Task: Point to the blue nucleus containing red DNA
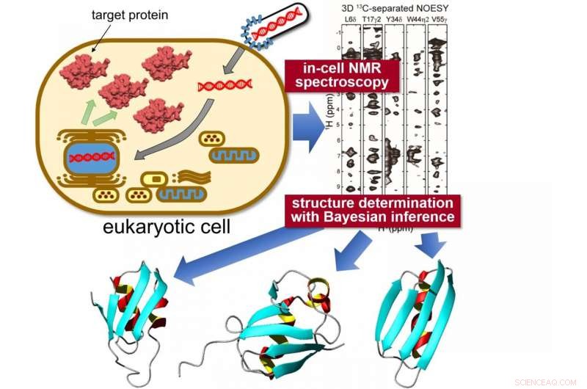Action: tap(92, 156)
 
